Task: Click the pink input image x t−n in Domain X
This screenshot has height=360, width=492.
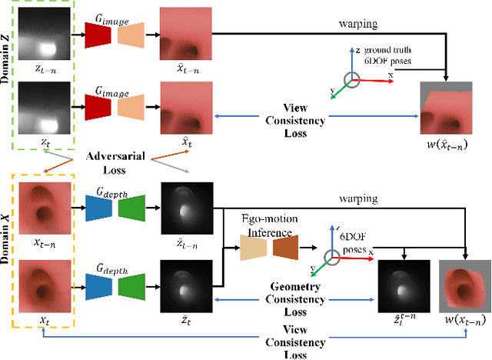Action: pos(45,206)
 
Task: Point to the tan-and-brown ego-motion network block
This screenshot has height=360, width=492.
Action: pos(270,246)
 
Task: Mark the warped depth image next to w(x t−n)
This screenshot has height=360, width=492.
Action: pos(402,286)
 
